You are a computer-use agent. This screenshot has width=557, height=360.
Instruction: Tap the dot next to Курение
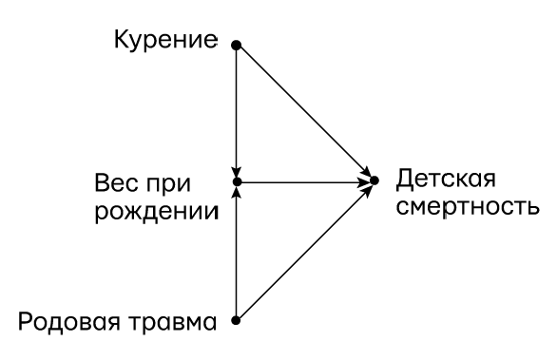(x=236, y=44)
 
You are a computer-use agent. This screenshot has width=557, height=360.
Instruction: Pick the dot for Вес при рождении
(x=236, y=180)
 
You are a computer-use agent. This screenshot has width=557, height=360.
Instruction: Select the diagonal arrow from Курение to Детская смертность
(x=304, y=111)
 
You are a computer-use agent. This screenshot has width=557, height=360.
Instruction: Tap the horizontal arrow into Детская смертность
(x=304, y=180)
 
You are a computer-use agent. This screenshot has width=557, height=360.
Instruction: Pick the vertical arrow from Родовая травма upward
(x=236, y=252)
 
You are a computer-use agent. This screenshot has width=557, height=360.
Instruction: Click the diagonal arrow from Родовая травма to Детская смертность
(x=304, y=251)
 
